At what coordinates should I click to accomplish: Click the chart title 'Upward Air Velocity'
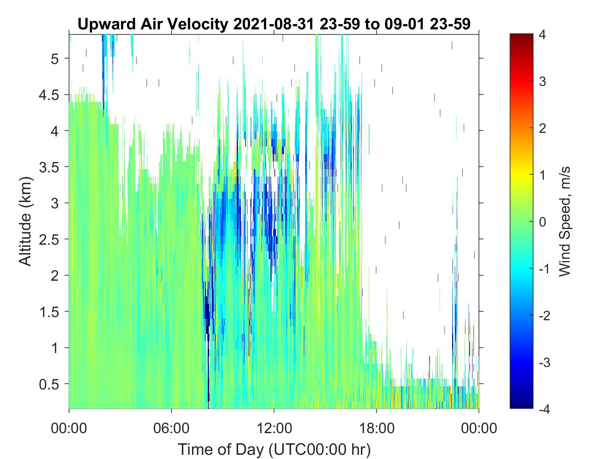click(x=152, y=24)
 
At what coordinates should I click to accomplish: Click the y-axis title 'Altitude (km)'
click(x=26, y=222)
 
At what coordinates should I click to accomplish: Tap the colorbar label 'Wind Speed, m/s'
click(x=564, y=222)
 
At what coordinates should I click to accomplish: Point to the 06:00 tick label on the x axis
click(x=171, y=428)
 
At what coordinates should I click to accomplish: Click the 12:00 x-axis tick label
click(x=274, y=428)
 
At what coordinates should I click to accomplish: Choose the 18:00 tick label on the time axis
click(x=376, y=428)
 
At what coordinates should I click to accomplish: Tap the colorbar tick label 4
click(x=542, y=35)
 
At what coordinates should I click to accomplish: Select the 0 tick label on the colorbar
click(x=542, y=222)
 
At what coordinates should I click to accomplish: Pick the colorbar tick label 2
click(x=542, y=128)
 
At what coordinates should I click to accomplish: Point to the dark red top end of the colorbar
click(x=521, y=35)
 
